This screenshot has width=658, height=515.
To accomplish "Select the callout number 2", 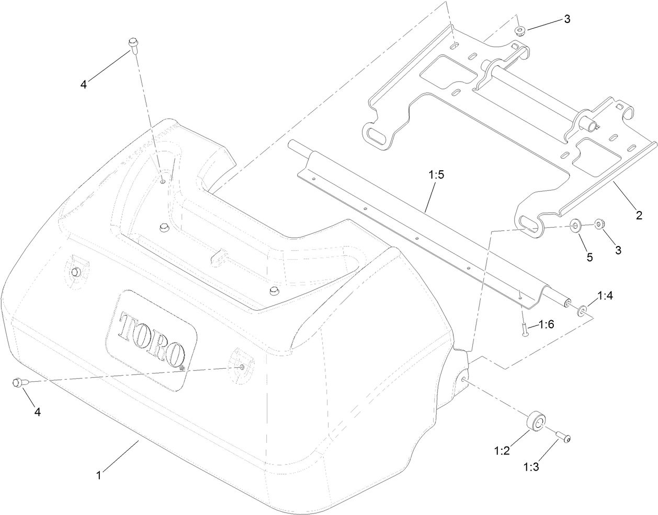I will (x=639, y=215).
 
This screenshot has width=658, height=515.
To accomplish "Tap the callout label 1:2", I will (x=501, y=450).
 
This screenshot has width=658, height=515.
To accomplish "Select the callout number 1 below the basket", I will (x=98, y=475).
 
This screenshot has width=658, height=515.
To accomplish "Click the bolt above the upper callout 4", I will (x=131, y=46).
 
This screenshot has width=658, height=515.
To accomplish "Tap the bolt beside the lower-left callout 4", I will (x=18, y=383).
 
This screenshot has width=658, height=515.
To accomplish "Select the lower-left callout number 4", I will (x=37, y=411).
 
